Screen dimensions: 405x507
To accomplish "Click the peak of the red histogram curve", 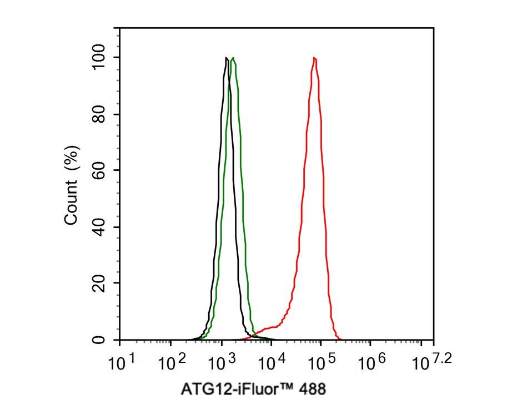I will pyautogui.click(x=314, y=58).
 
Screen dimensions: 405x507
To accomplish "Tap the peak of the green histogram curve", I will pyautogui.click(x=233, y=58).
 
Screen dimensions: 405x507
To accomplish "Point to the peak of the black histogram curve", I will pyautogui.click(x=227, y=58).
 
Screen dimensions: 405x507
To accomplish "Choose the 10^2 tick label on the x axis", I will pyautogui.click(x=173, y=363).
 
